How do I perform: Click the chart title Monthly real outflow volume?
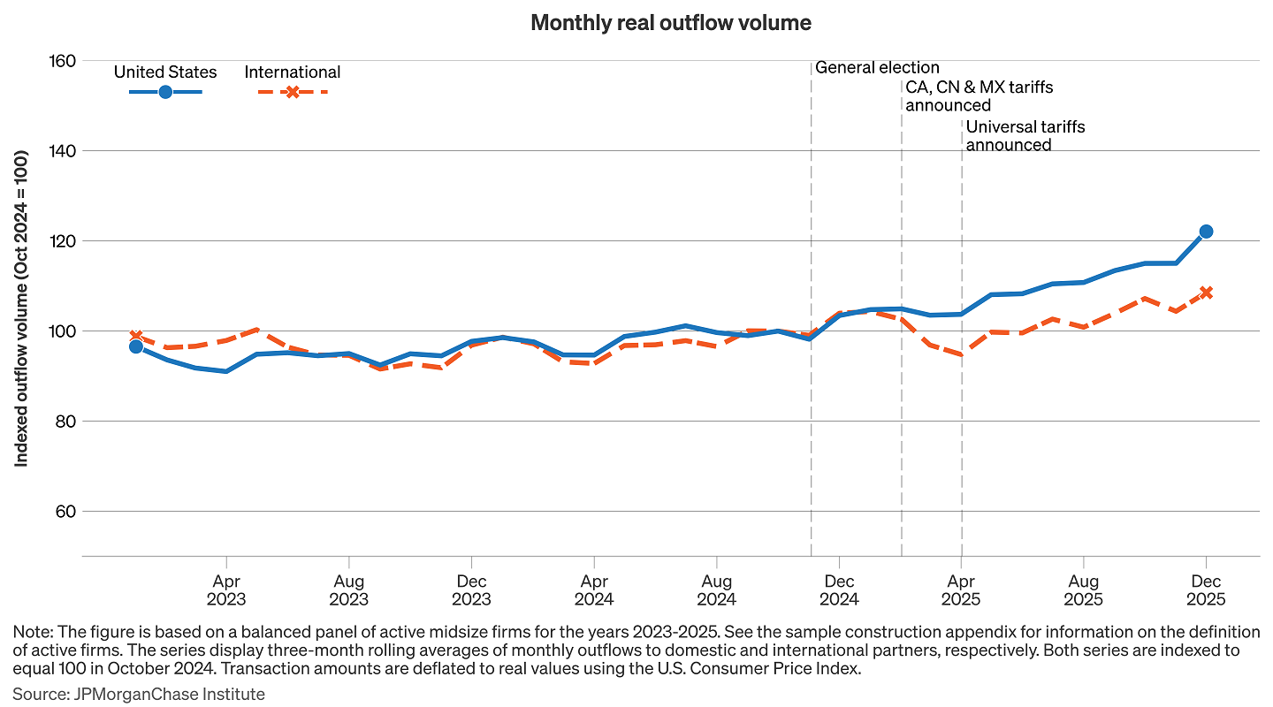[670, 23]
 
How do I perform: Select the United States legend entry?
[165, 72]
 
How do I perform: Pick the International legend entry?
[293, 72]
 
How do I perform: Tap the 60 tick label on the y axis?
[65, 512]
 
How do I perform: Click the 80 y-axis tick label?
[65, 422]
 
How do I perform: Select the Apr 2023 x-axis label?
[226, 590]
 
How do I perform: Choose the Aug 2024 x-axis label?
[716, 590]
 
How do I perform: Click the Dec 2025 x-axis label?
[1206, 590]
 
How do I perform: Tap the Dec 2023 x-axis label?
[471, 590]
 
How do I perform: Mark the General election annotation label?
[877, 67]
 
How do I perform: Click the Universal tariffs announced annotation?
[1025, 136]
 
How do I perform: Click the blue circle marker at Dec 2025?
[1206, 232]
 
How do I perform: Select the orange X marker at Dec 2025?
[1206, 293]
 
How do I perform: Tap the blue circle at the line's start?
[136, 346]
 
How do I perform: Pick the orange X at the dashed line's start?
[136, 336]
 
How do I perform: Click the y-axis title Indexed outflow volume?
[22, 308]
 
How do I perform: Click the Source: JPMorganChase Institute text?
[139, 694]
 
